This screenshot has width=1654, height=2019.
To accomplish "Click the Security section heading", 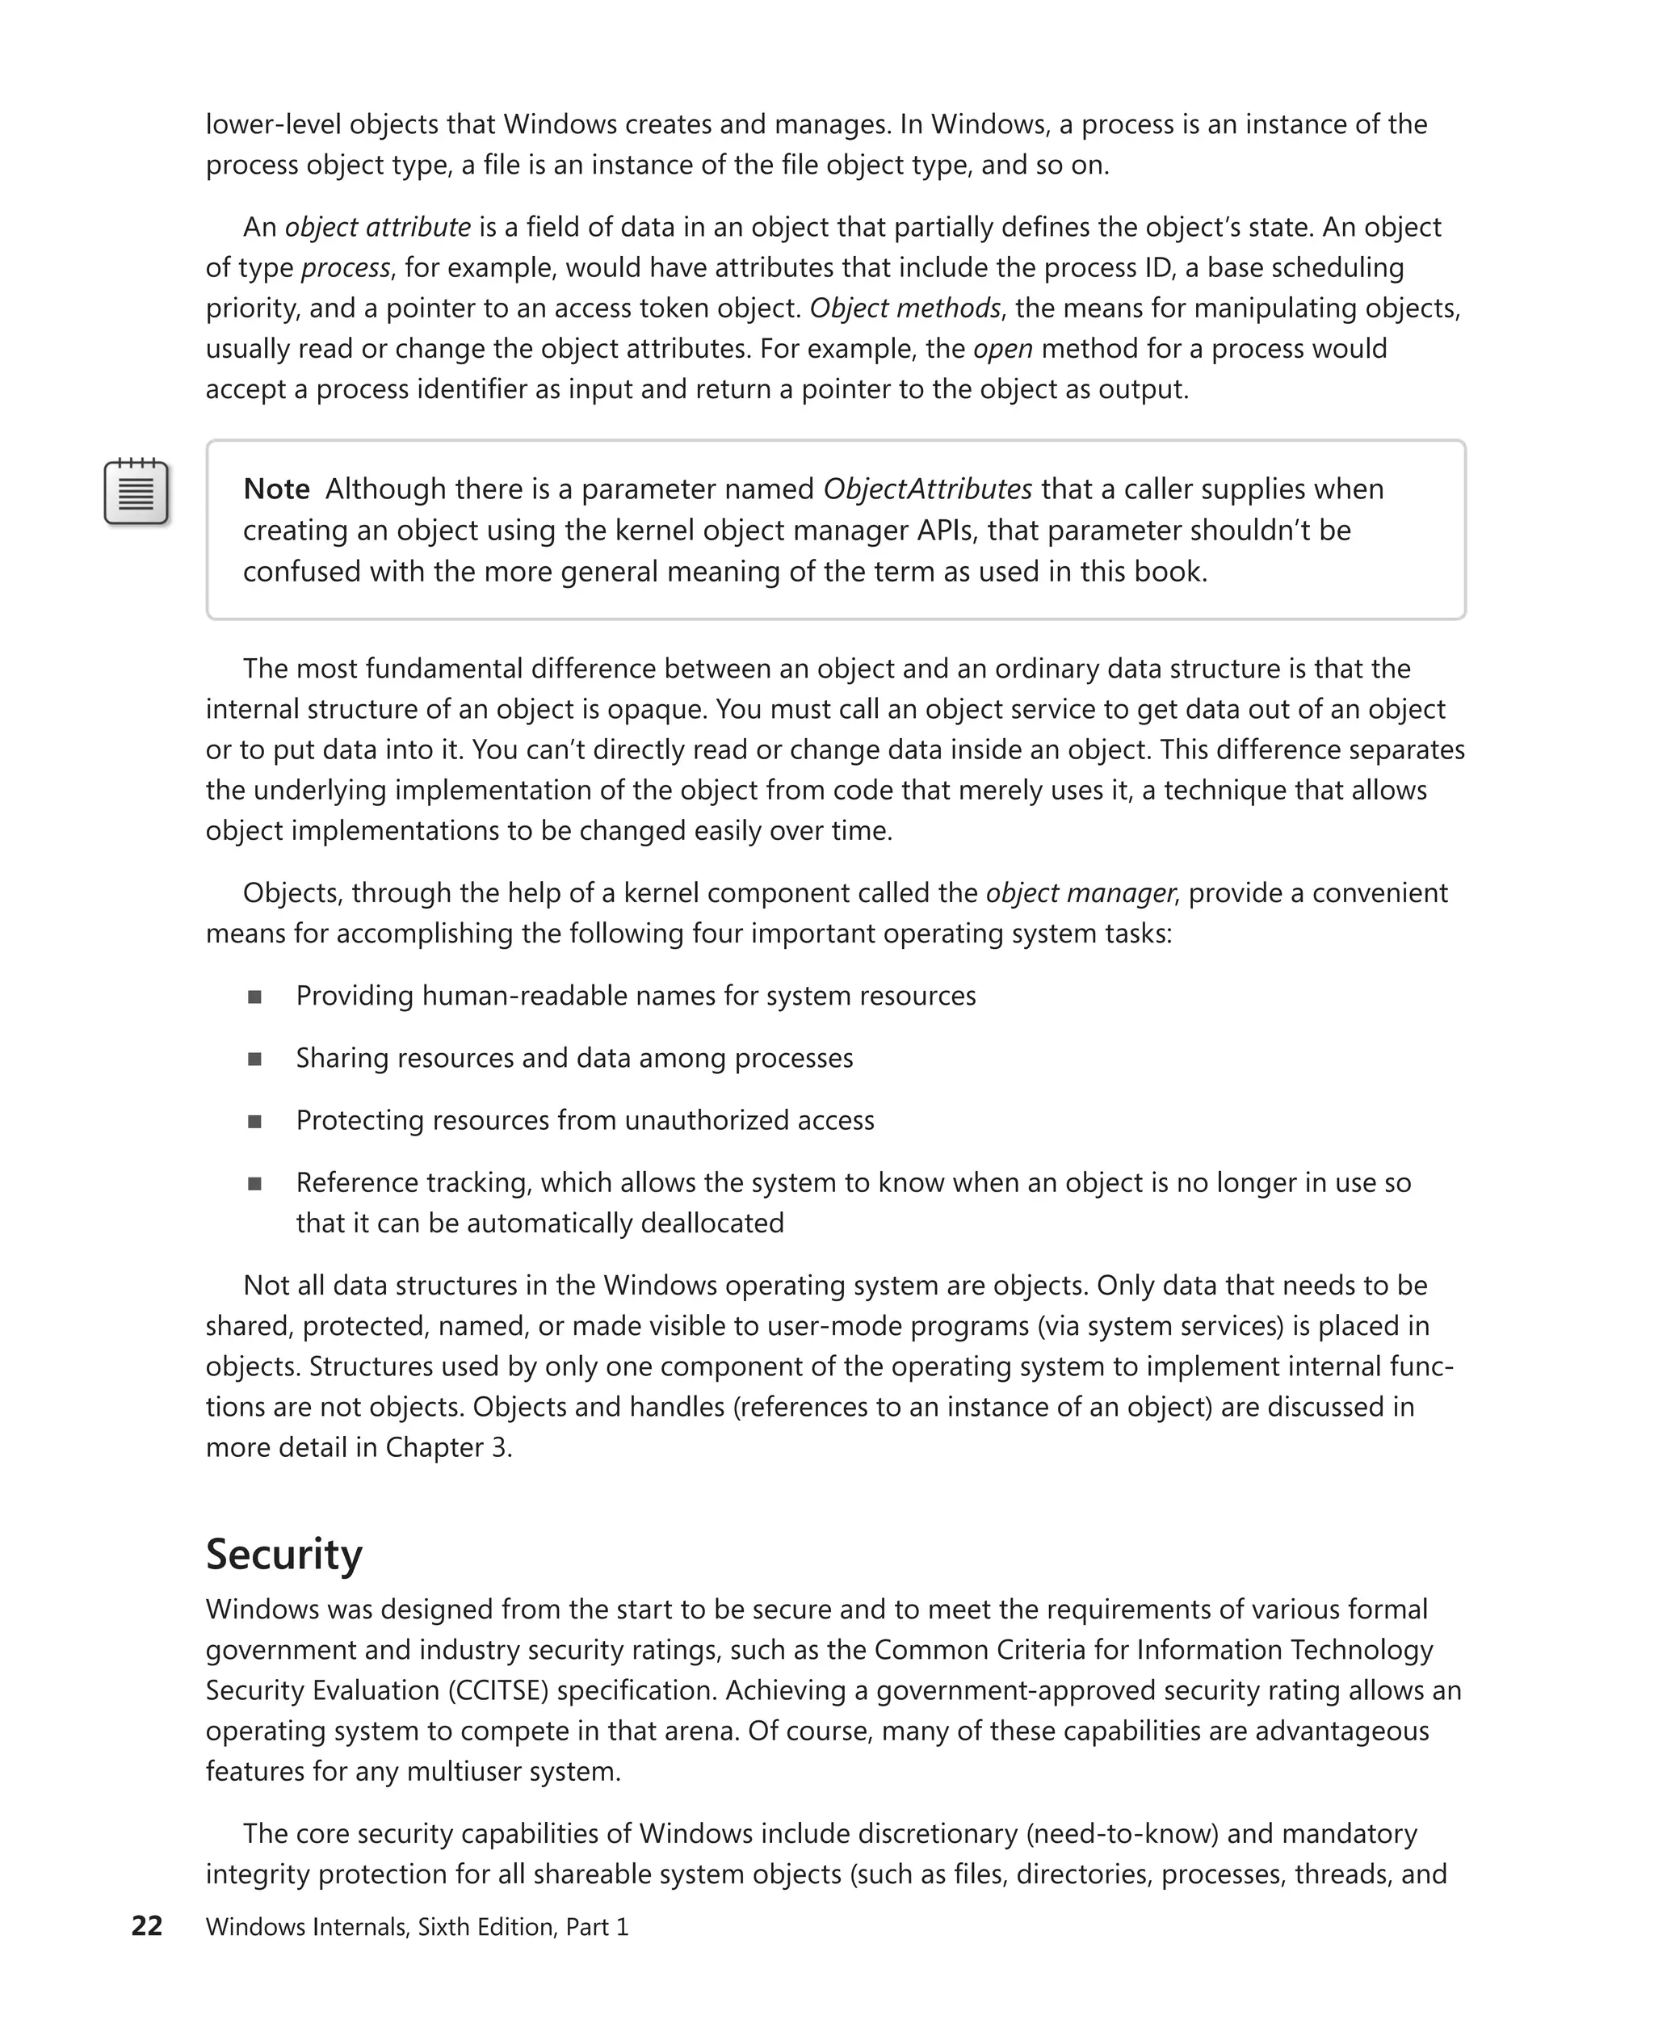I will click(284, 1554).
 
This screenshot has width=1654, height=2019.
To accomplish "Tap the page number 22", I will click(147, 1925).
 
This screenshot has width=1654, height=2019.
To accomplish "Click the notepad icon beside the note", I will click(136, 493).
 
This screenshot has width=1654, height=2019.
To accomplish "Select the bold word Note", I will click(276, 489).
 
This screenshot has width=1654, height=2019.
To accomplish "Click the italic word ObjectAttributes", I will click(927, 489).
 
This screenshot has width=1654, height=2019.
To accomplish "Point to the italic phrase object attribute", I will click(377, 227).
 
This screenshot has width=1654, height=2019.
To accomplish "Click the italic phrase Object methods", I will click(905, 308).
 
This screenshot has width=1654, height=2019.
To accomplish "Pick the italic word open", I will click(1002, 349).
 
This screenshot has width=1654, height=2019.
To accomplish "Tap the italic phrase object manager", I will click(1080, 892).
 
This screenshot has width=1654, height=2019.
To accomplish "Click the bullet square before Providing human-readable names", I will click(254, 997).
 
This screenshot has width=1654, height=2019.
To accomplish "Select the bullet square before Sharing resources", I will click(254, 1059).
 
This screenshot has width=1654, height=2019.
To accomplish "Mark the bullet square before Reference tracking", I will click(254, 1183).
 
